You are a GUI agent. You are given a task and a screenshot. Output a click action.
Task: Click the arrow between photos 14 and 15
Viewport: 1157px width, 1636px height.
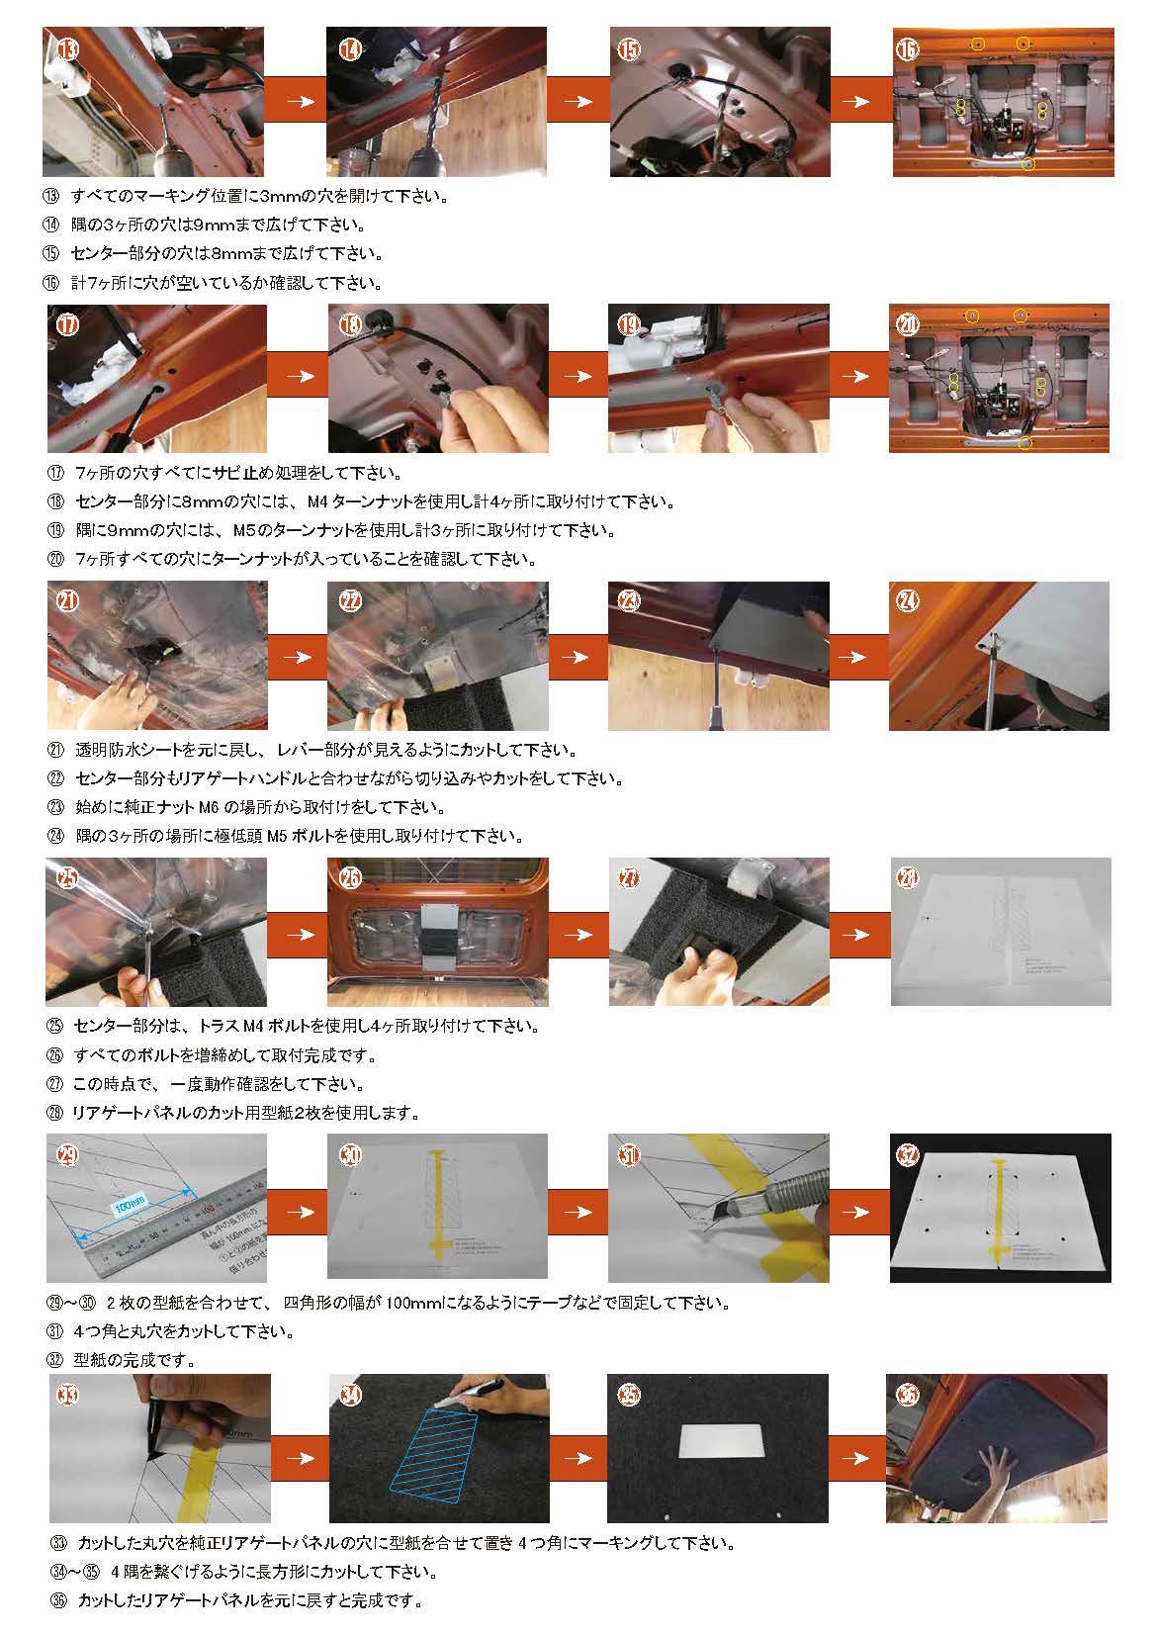(578, 101)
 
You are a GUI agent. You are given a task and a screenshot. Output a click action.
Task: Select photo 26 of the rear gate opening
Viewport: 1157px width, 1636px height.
(438, 931)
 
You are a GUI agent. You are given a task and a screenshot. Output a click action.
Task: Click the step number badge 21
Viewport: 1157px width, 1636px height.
(66, 602)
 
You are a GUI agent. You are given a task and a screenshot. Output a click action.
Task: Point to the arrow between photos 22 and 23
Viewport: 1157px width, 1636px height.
(578, 656)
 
